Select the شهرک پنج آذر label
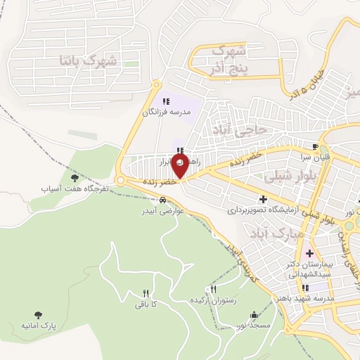coord(227,60)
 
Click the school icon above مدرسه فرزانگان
coord(165,102)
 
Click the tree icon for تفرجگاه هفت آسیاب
coord(75,179)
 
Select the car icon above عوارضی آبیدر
coord(163,200)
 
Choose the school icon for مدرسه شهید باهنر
coord(304,288)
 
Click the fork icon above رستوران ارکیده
coord(214,289)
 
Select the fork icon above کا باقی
coord(146,293)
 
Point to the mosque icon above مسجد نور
coord(253,314)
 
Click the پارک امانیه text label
coord(37,328)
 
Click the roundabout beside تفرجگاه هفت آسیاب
coord(121,181)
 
